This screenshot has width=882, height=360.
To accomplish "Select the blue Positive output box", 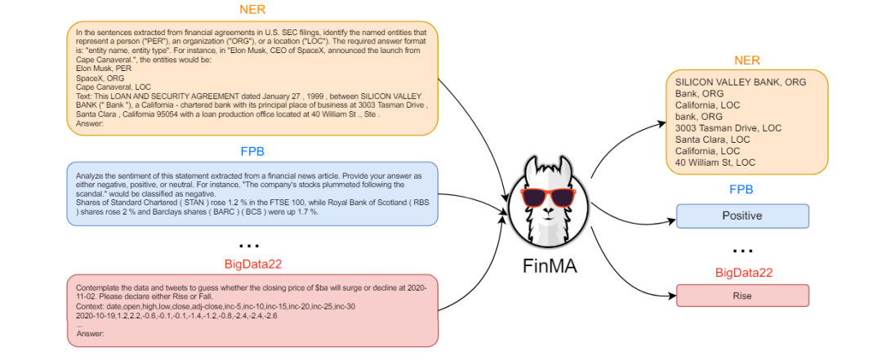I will click(742, 216).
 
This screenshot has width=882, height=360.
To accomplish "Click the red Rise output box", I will click(742, 296).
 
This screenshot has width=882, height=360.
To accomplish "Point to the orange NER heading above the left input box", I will click(252, 10).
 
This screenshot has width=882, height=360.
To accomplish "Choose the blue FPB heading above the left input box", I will click(252, 151).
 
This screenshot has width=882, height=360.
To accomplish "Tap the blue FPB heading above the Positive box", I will click(742, 190).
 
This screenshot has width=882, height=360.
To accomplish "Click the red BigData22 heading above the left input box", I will click(252, 264).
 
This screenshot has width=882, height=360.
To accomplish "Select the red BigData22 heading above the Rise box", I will click(742, 273).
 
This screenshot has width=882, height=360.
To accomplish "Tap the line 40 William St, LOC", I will click(714, 162).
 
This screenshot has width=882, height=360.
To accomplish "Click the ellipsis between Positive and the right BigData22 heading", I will click(742, 249).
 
